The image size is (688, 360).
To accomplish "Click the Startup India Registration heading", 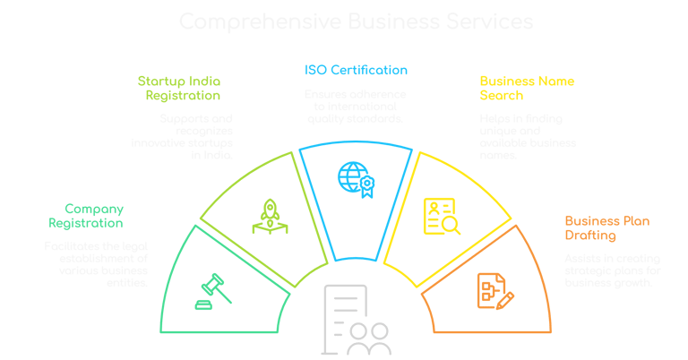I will point(178,88).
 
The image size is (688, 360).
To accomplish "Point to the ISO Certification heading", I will point(350,70).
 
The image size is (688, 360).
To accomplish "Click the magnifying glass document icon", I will point(441,217).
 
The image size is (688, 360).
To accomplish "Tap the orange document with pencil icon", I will point(494,288).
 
